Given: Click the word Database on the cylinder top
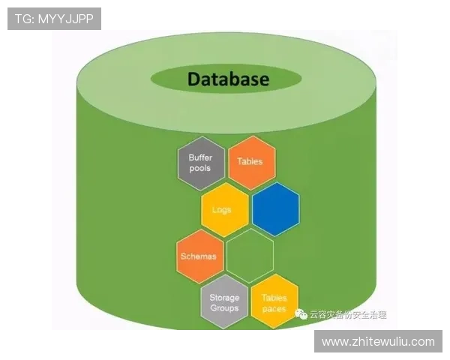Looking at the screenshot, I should pyautogui.click(x=228, y=79).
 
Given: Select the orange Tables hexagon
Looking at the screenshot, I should pyautogui.click(x=250, y=161).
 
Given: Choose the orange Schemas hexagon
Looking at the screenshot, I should pyautogui.click(x=199, y=256).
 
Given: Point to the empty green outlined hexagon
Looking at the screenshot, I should pyautogui.click(x=250, y=256).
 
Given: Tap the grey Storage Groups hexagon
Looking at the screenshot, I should pyautogui.click(x=224, y=303).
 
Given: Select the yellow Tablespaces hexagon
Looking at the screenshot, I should pyautogui.click(x=274, y=303).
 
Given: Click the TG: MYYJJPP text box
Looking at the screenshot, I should pyautogui.click(x=54, y=19).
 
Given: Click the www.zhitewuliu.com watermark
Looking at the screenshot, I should pyautogui.click(x=378, y=341).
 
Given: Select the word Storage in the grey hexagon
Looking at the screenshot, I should pyautogui.click(x=224, y=298).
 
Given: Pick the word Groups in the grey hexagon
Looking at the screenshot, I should pyautogui.click(x=224, y=308).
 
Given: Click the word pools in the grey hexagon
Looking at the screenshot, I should pyautogui.click(x=200, y=168).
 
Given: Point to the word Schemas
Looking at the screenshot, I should pyautogui.click(x=199, y=256).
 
